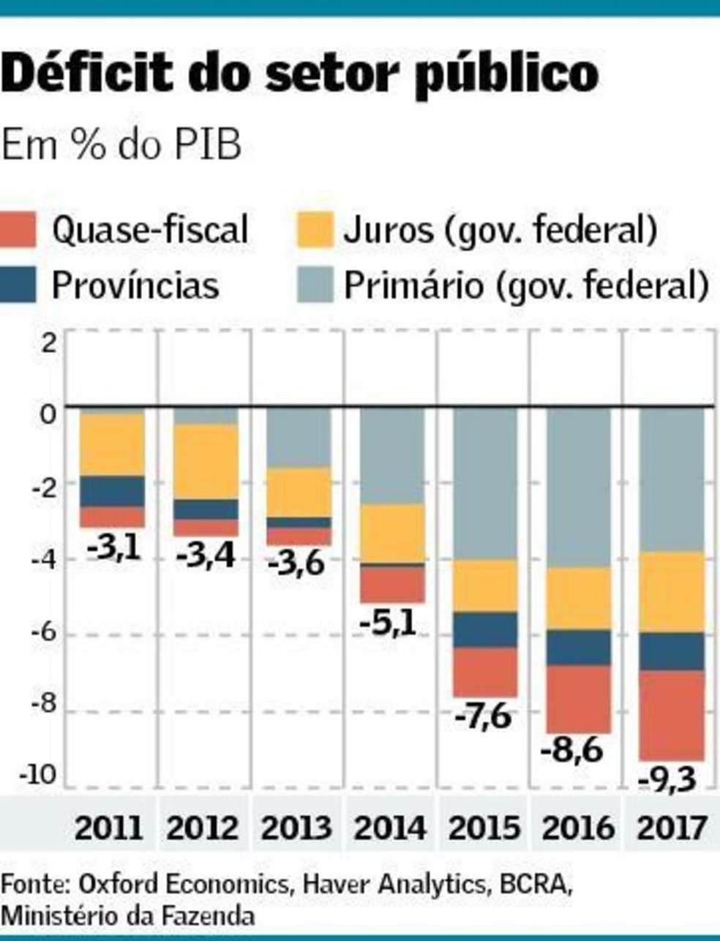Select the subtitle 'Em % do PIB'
click(121, 145)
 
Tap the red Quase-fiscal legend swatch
click(18, 230)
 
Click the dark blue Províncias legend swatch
click(18, 285)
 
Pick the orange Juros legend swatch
click(315, 230)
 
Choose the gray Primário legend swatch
click(315, 285)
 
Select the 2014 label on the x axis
click(389, 828)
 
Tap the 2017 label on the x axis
click(671, 828)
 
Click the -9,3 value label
click(667, 780)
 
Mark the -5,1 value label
click(388, 623)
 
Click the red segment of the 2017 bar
click(671, 715)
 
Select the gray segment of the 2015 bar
click(484, 483)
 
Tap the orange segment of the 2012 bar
click(206, 462)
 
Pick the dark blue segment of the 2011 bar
click(112, 491)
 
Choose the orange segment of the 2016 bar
click(578, 598)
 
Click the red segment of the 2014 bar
click(391, 584)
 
